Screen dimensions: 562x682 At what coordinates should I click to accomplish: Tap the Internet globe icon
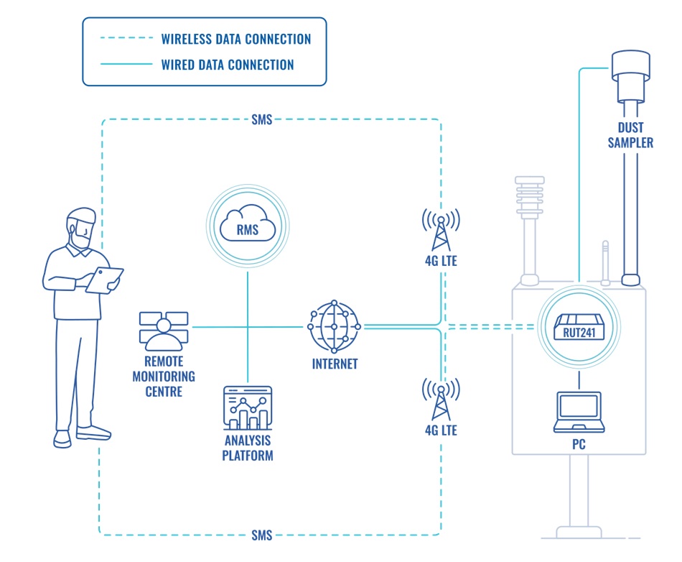[334, 327]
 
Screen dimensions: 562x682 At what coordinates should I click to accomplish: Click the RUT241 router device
[579, 328]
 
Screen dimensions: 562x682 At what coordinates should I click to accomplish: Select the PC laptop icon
[579, 412]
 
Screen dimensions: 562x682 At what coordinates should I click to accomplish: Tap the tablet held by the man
[105, 279]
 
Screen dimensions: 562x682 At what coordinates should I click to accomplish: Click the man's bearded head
[81, 229]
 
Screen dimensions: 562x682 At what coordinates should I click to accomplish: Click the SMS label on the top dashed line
[262, 120]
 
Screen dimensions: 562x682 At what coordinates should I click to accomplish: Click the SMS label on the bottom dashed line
[262, 535]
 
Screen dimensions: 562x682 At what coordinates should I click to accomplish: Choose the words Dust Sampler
[630, 135]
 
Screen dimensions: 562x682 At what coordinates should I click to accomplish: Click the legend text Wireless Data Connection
[236, 39]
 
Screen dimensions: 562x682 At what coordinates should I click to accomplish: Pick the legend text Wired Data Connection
[228, 65]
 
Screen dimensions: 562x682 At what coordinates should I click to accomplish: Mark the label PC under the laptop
[579, 445]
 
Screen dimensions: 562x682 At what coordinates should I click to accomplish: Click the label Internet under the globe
[335, 364]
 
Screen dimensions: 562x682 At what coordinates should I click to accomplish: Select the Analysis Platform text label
[248, 448]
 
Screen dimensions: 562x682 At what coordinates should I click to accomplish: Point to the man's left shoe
[93, 433]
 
